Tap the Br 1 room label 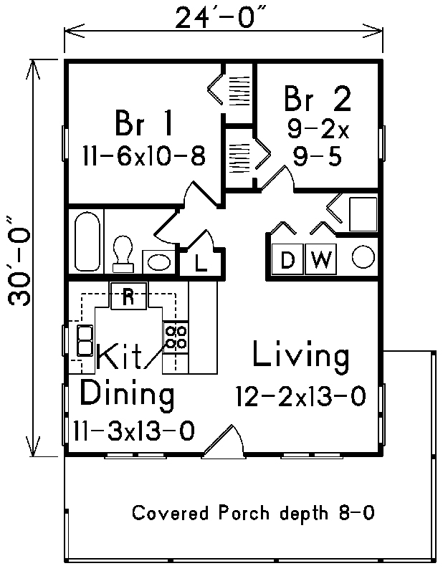pyautogui.click(x=143, y=123)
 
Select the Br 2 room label pyautogui.click(x=317, y=98)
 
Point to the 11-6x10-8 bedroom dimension pyautogui.click(x=144, y=155)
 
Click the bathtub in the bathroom pyautogui.click(x=87, y=241)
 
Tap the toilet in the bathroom pyautogui.click(x=123, y=254)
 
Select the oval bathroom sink pyautogui.click(x=158, y=262)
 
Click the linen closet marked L pyautogui.click(x=201, y=262)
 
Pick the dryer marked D pyautogui.click(x=287, y=259)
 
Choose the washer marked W pyautogui.click(x=320, y=259)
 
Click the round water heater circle pyautogui.click(x=363, y=256)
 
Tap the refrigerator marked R pyautogui.click(x=128, y=296)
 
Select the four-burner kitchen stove pyautogui.click(x=176, y=337)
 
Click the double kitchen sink pyautogui.click(x=85, y=341)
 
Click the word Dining pyautogui.click(x=127, y=394)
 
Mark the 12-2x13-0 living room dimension pyautogui.click(x=301, y=396)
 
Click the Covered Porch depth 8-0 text pyautogui.click(x=253, y=513)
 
